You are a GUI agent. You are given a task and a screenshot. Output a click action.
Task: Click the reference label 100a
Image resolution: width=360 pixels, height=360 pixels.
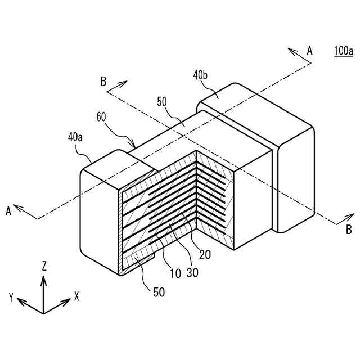click(343, 51)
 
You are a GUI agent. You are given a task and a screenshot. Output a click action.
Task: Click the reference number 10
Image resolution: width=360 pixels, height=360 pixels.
click(175, 274)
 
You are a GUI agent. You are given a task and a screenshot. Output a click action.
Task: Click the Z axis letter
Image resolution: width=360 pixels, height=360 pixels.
click(44, 266)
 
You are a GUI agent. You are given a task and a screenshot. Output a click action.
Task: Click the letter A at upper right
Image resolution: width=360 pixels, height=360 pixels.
click(309, 51)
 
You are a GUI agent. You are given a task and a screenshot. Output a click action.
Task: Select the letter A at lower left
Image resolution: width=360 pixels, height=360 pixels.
click(8, 211)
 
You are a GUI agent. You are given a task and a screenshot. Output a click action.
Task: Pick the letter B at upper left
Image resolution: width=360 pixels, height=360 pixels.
click(103, 81)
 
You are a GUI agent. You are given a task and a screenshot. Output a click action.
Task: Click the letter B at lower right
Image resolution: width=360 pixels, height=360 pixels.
click(349, 229)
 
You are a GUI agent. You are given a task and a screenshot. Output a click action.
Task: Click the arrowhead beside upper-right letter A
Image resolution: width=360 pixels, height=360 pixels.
click(292, 51)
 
